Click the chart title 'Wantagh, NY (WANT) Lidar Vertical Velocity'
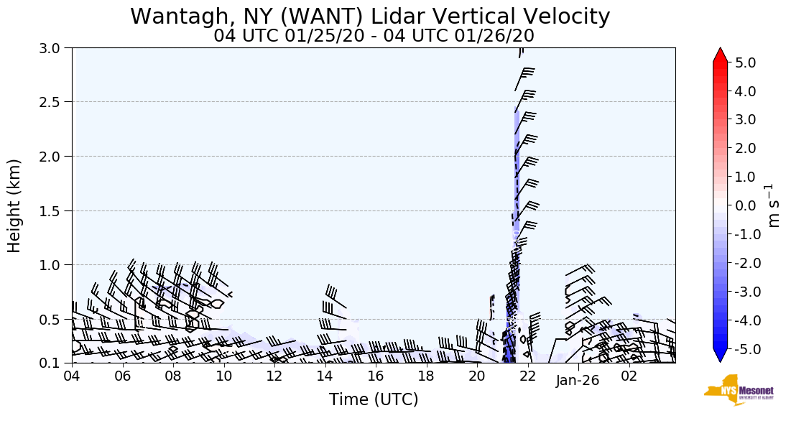370,17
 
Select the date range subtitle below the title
374,36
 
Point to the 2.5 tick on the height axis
52,102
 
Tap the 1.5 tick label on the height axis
52,210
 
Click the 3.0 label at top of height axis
52,48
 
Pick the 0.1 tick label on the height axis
52,363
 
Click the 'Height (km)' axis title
15,205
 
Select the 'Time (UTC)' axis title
374,399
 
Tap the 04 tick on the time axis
72,376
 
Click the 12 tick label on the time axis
274,376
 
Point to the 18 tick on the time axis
426,376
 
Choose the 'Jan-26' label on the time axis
578,381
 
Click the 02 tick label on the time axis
629,376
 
